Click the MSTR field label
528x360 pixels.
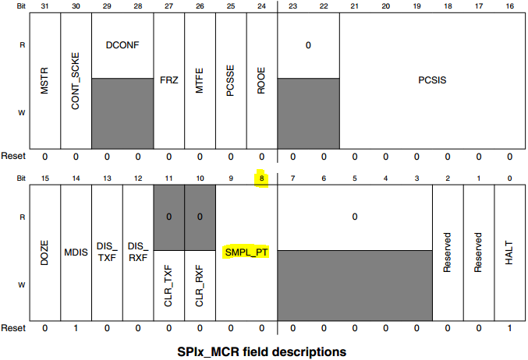tap(44, 79)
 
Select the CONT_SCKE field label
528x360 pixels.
tap(76, 79)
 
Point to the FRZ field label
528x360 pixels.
tap(168, 79)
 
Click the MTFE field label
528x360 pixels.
tap(200, 79)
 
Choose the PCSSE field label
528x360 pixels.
tap(231, 79)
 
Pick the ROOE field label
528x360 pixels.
tap(262, 79)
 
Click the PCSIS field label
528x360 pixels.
tap(432, 79)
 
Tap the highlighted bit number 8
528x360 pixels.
tap(261, 178)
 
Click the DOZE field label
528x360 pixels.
tap(44, 251)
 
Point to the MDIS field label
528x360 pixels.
tap(76, 251)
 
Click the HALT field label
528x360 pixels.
tap(509, 251)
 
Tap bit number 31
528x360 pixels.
tap(44, 7)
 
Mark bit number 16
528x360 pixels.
tap(509, 7)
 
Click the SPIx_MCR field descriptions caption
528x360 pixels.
tap(263, 351)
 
